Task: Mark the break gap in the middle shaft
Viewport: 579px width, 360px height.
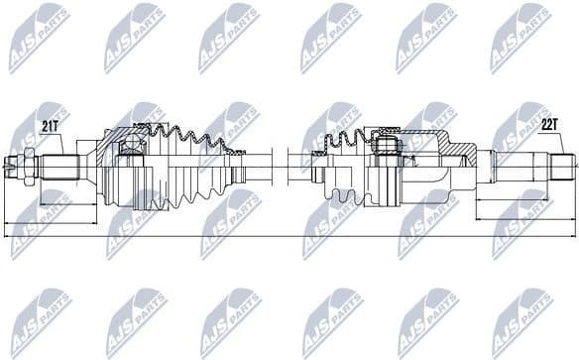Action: click(x=281, y=165)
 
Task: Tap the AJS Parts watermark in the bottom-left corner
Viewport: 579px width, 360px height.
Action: click(x=40, y=322)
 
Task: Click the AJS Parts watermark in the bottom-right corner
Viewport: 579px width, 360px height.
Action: click(x=521, y=322)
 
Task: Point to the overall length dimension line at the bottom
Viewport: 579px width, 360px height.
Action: click(x=288, y=236)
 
